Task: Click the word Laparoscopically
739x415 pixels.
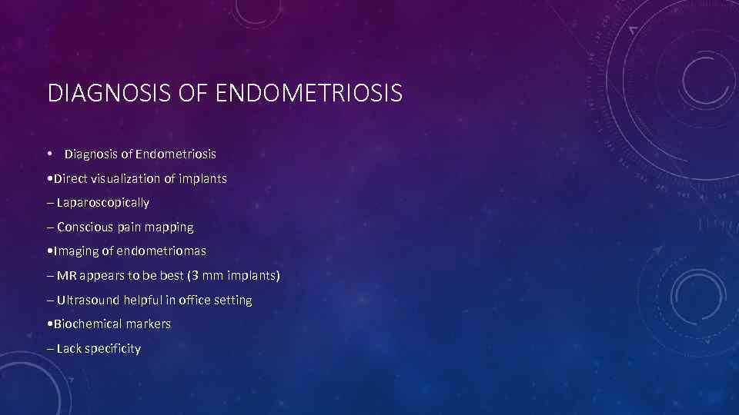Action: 103,203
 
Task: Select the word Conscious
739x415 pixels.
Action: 85,227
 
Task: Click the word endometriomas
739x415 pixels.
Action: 162,251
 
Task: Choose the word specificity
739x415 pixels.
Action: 113,349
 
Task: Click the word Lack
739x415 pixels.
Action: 69,349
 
